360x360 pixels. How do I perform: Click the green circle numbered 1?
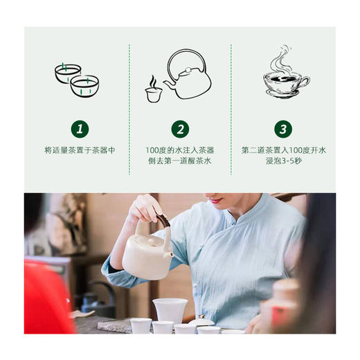[80, 129]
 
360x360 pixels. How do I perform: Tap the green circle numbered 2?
[181, 129]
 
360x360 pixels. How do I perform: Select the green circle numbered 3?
[282, 129]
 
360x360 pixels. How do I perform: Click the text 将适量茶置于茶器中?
[80, 150]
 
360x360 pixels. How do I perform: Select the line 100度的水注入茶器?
[181, 150]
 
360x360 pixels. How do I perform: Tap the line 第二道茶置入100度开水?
[282, 150]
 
